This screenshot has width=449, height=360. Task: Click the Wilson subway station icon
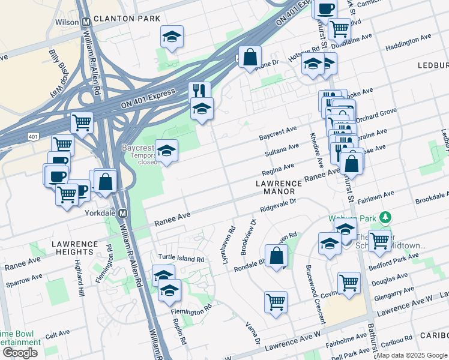coord(86,22)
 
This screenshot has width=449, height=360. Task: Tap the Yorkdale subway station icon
coord(123,213)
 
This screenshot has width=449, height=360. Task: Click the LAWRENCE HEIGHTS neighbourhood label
coord(74,249)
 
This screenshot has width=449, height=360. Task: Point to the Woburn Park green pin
coord(389,217)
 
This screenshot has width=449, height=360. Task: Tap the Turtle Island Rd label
coord(181,259)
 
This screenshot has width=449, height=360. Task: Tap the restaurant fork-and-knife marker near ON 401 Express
coord(199,91)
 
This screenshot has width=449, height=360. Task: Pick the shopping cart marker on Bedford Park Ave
coord(379,241)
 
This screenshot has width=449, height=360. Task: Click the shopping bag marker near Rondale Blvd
coord(276,256)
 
